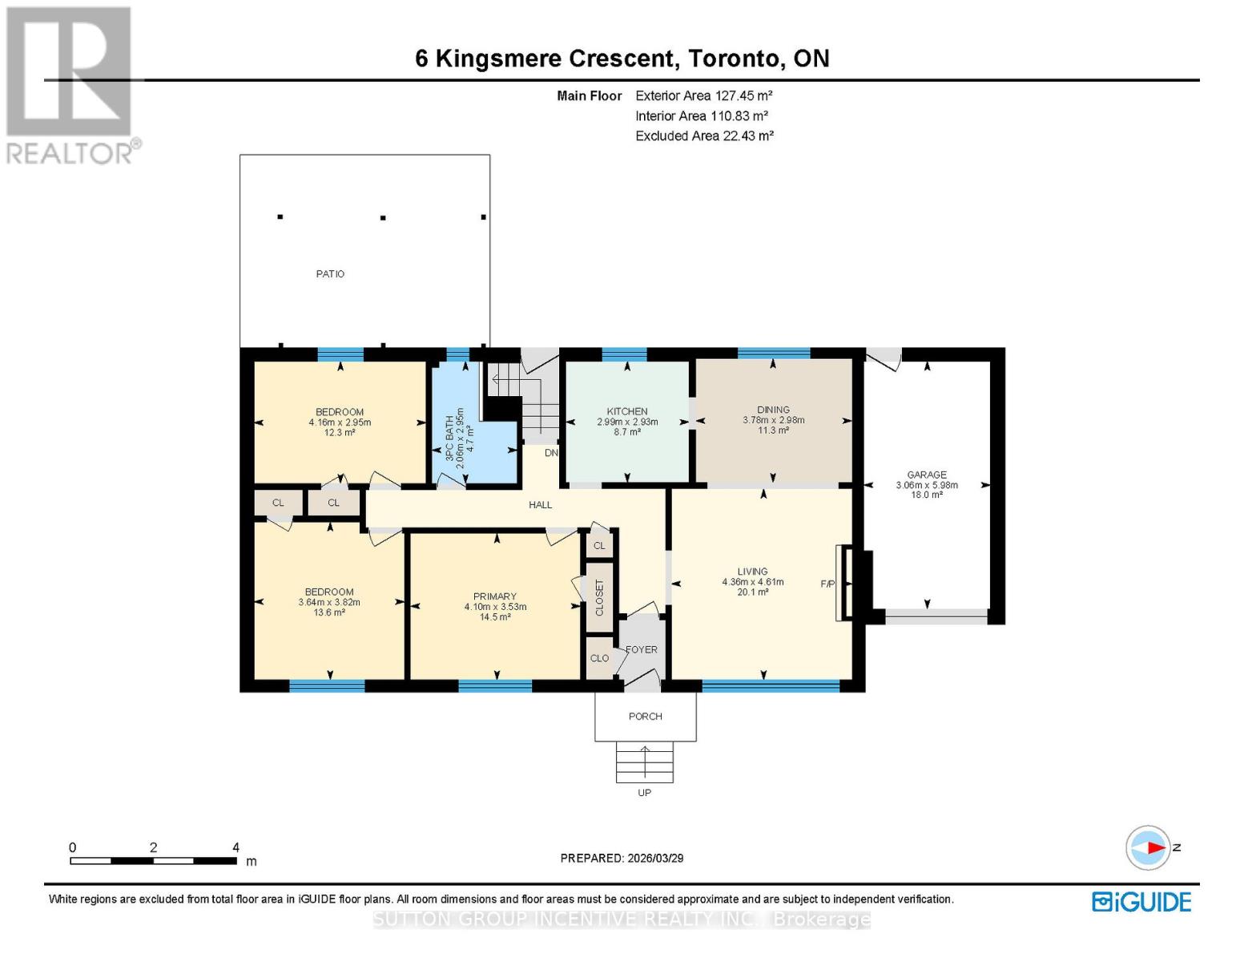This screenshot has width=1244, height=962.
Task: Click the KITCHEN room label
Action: click(x=626, y=411)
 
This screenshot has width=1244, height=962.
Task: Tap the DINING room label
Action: click(x=773, y=410)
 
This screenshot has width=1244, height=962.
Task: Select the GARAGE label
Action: click(x=926, y=475)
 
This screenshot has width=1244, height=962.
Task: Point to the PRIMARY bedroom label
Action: click(x=494, y=596)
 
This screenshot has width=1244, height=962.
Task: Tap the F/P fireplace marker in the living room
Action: click(x=827, y=584)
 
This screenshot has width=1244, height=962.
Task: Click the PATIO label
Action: click(x=330, y=274)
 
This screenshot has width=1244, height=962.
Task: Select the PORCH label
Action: click(x=645, y=717)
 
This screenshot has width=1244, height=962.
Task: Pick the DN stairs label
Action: click(x=551, y=453)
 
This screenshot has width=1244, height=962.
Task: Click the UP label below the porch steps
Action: click(x=644, y=793)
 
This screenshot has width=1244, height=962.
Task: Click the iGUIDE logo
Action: click(x=1141, y=902)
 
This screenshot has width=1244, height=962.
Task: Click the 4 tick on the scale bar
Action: click(x=236, y=847)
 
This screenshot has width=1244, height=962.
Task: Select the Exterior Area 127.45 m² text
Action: click(x=703, y=95)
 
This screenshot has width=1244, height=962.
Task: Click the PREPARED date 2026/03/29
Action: click(x=622, y=858)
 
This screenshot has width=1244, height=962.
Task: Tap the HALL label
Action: click(x=540, y=505)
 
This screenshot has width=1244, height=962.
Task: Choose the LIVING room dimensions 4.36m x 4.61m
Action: click(x=752, y=582)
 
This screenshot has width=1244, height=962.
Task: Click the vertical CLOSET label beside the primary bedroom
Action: click(x=599, y=597)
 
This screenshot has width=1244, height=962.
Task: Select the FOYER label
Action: click(x=641, y=649)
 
